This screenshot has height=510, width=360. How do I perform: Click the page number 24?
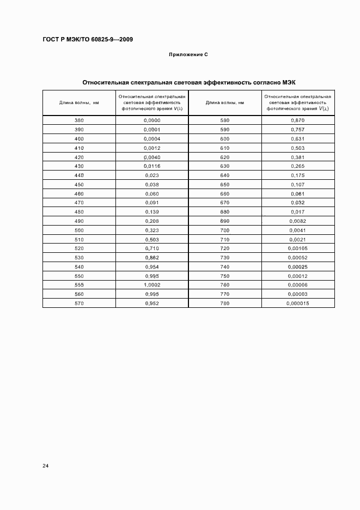[46, 466]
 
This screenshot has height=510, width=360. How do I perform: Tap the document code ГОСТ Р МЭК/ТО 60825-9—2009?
[88, 40]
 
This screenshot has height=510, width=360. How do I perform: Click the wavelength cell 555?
[79, 285]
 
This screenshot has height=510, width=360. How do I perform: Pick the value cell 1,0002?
[152, 285]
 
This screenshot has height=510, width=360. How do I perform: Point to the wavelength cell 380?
[79, 120]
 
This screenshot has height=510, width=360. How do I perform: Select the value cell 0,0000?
[152, 120]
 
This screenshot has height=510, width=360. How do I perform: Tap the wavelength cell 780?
[225, 303]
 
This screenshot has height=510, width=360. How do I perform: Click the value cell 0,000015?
[297, 303]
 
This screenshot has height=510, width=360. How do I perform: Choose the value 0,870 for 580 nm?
[297, 120]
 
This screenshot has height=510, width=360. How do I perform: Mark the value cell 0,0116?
[152, 166]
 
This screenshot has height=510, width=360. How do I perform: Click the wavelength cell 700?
[225, 230]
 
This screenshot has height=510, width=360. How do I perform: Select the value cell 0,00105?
[297, 248]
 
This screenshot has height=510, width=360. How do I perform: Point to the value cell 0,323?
[152, 230]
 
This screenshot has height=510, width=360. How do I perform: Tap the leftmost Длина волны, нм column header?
[79, 102]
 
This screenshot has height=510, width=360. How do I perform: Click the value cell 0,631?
[297, 138]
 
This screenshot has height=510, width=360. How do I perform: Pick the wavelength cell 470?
[79, 202]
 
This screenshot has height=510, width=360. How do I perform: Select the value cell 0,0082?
[297, 221]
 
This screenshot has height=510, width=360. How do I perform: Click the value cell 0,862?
[152, 257]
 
